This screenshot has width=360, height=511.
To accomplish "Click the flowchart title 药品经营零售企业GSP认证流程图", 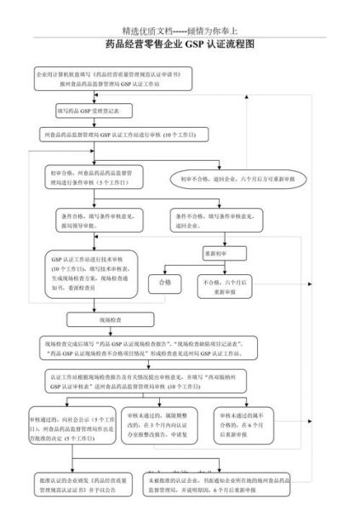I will click(180, 43).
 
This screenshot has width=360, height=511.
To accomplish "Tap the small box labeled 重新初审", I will click(215, 253).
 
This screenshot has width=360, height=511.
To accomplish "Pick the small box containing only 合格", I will click(165, 281).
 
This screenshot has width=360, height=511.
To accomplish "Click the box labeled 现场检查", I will click(111, 319).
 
